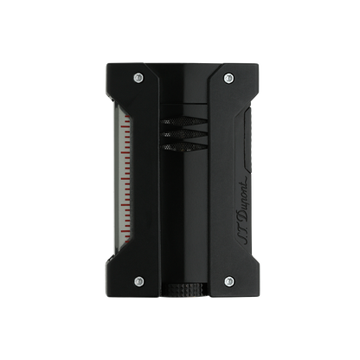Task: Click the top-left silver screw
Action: coord(138,77)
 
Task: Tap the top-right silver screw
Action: coord(228,77)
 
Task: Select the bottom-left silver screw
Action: coord(138,280)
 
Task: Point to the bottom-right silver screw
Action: coord(228,280)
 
